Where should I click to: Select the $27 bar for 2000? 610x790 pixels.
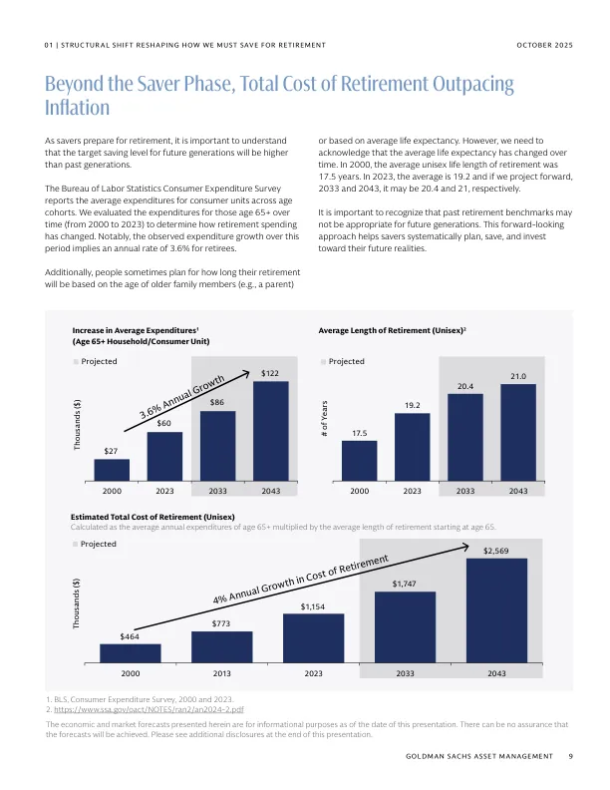click(x=113, y=471)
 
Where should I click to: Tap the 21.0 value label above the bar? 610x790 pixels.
click(x=518, y=376)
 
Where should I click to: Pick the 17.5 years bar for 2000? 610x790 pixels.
click(x=360, y=462)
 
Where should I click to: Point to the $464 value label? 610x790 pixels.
click(x=130, y=635)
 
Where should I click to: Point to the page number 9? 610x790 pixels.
click(x=570, y=758)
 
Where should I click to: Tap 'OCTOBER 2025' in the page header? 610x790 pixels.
click(x=546, y=46)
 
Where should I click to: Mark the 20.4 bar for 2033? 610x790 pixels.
click(x=465, y=439)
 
